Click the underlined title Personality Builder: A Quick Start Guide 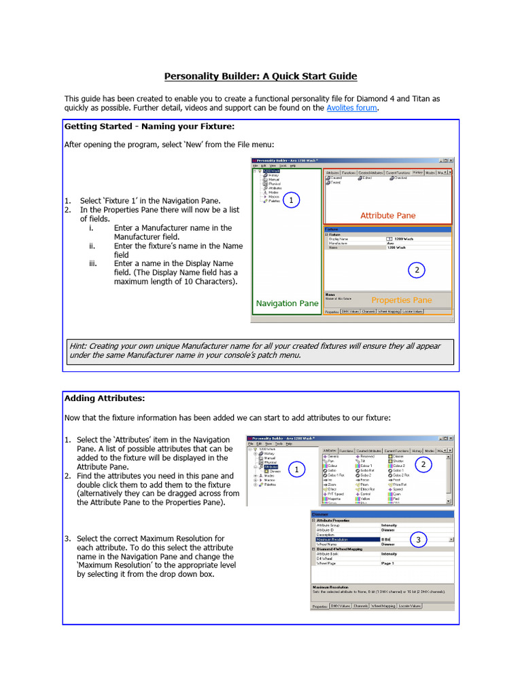click(260, 77)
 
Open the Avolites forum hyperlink click(351, 108)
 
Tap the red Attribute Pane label click(387, 216)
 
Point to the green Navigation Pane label click(286, 303)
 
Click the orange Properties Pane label click(401, 300)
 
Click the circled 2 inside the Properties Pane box click(416, 270)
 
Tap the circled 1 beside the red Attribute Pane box click(291, 200)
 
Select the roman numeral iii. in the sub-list click(94, 263)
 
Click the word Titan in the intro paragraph click(418, 98)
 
